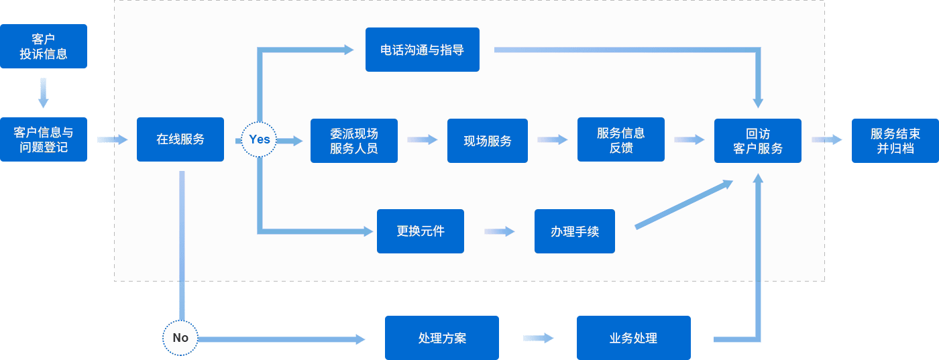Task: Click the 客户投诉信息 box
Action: pyautogui.click(x=44, y=46)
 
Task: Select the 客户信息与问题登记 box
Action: pyautogui.click(x=44, y=139)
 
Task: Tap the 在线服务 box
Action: pyautogui.click(x=180, y=139)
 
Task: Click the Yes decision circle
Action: pyautogui.click(x=259, y=139)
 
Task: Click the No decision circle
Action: pyautogui.click(x=180, y=338)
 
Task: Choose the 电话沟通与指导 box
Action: pyautogui.click(x=422, y=50)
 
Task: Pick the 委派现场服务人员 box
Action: pyautogui.click(x=353, y=141)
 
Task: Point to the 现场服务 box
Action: pyautogui.click(x=488, y=141)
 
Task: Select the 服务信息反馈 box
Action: pyautogui.click(x=620, y=139)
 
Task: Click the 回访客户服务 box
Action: pyautogui.click(x=758, y=141)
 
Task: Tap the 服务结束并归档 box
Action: pyautogui.click(x=895, y=141)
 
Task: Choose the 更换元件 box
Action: pyautogui.click(x=421, y=231)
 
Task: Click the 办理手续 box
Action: pyautogui.click(x=575, y=231)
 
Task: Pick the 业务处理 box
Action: pyautogui.click(x=633, y=338)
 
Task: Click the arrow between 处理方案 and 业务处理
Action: pyautogui.click(x=538, y=338)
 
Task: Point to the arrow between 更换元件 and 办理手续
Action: pyautogui.click(x=500, y=231)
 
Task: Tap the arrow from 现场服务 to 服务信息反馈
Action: pyautogui.click(x=553, y=139)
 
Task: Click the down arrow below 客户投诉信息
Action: pyautogui.click(x=44, y=93)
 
